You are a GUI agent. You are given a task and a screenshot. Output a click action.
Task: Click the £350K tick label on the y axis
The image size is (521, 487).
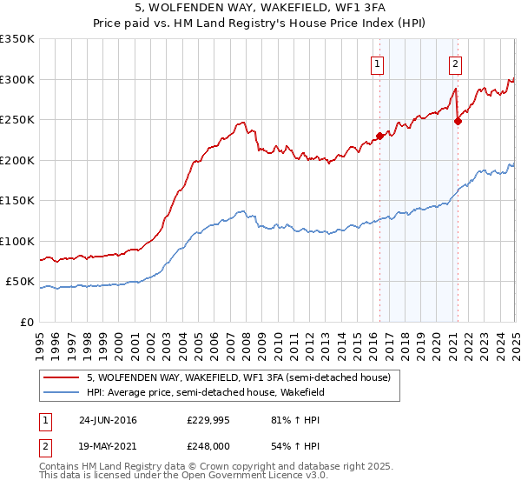coord(17,39)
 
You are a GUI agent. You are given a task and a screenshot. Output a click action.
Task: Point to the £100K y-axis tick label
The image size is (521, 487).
coord(17,241)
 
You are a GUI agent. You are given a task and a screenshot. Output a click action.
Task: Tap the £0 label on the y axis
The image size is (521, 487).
coord(28,322)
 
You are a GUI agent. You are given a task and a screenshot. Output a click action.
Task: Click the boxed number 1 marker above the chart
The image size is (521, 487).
coord(379,63)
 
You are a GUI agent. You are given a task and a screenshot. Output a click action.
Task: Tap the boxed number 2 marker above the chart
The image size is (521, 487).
coord(456,63)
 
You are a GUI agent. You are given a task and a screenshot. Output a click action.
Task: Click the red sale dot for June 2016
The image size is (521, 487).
coord(379,136)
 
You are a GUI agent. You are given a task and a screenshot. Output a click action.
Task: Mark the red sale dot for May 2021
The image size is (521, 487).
coord(458,121)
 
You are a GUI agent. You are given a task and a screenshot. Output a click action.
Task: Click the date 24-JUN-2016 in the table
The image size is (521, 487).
coord(108,420)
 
